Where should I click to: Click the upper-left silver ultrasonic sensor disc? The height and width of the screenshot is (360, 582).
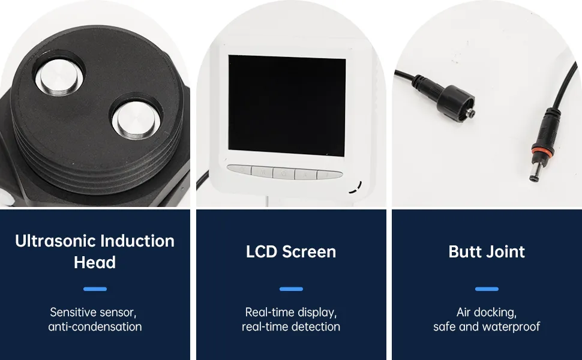(x=59, y=79)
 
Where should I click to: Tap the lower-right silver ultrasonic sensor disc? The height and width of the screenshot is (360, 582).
(x=136, y=119)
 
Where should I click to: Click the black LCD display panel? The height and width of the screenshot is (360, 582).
(x=287, y=106)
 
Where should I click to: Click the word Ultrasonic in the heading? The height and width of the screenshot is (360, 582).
(x=55, y=241)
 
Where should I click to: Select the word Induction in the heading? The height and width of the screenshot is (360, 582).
(x=137, y=241)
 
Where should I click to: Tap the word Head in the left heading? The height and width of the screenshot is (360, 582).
(x=95, y=262)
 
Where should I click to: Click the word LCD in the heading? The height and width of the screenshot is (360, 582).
(x=262, y=251)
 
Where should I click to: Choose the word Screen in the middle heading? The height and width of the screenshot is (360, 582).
(x=309, y=251)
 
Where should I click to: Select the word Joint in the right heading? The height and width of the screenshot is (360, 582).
(x=505, y=251)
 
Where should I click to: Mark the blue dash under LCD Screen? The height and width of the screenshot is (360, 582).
(x=291, y=289)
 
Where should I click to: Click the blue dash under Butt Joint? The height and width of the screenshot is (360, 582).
(x=487, y=289)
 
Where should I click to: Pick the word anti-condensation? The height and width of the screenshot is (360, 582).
(x=95, y=326)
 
